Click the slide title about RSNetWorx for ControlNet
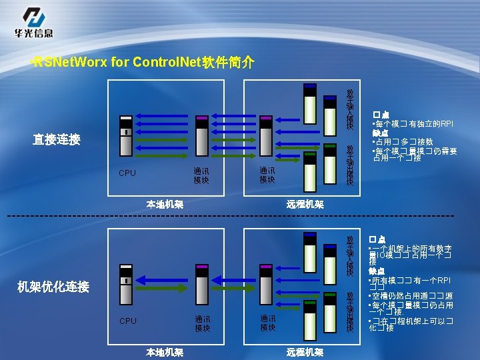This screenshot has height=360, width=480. (x=143, y=63)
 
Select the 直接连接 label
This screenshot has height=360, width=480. (x=57, y=140)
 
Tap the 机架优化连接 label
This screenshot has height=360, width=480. (x=53, y=287)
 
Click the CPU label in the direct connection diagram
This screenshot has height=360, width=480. (x=127, y=173)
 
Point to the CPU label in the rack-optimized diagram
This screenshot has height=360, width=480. (x=127, y=321)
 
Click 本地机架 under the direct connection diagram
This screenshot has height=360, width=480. (x=165, y=205)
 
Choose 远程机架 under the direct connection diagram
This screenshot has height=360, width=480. (x=305, y=205)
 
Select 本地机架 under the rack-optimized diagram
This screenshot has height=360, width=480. (x=165, y=352)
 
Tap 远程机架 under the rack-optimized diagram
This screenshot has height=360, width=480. (x=305, y=352)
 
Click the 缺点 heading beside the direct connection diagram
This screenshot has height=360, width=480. (x=381, y=133)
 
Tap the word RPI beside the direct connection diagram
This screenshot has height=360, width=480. (x=443, y=124)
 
